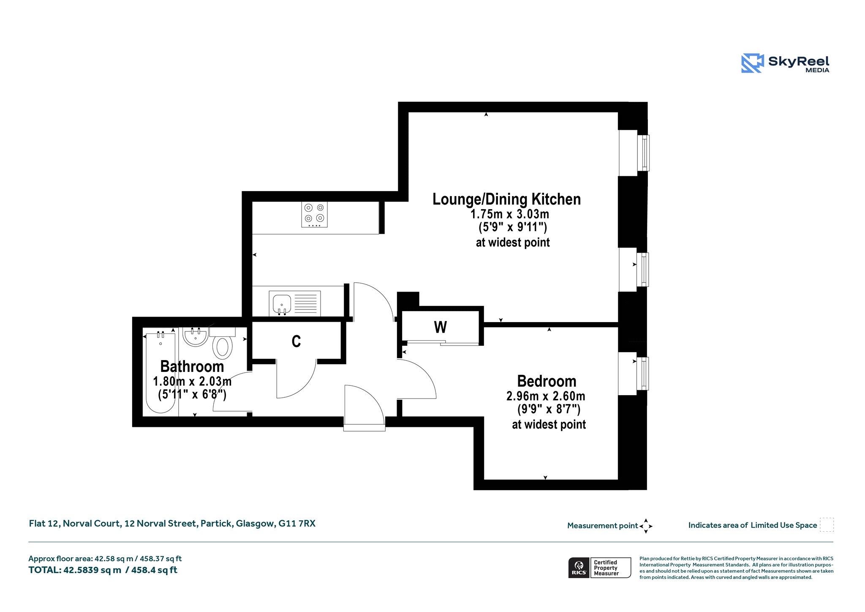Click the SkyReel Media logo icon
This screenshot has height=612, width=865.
[x=752, y=63]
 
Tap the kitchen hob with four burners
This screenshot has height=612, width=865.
[x=314, y=215]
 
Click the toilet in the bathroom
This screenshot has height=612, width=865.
[x=223, y=343]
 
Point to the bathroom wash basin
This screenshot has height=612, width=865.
[x=195, y=337]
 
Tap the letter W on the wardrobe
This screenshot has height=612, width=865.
[x=441, y=327]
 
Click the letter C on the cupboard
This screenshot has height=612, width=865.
[x=296, y=341]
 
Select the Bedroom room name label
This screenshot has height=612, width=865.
[x=547, y=381]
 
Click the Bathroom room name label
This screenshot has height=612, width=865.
[x=192, y=366]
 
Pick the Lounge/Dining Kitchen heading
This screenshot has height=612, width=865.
[x=506, y=199]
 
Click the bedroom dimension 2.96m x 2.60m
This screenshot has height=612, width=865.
[x=546, y=396]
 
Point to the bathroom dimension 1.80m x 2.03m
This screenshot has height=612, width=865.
[x=192, y=381]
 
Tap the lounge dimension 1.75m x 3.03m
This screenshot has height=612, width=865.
[x=510, y=214]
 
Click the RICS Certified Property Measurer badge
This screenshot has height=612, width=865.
[x=600, y=568]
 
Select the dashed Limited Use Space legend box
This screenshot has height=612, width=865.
[x=827, y=525]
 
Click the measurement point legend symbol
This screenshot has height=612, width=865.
[x=646, y=526]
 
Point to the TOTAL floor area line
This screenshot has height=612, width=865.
[x=103, y=570]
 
